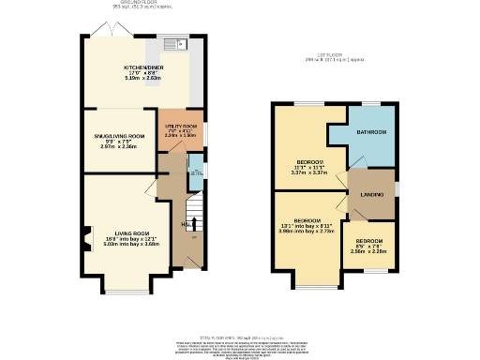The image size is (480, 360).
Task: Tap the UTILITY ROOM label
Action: pyautogui.click(x=180, y=125)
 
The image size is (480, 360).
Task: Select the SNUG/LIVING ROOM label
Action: pyautogui.click(x=119, y=136)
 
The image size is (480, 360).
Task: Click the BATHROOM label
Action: pyautogui.click(x=370, y=132)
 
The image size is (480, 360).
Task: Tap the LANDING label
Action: pyautogui.click(x=371, y=194)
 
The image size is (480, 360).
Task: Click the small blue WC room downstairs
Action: pyautogui.click(x=196, y=171)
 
